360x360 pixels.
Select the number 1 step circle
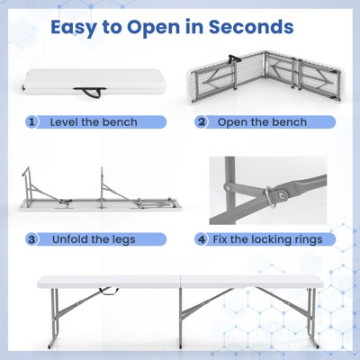click(x=33, y=121)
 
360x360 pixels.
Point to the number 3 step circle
click(x=33, y=239)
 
